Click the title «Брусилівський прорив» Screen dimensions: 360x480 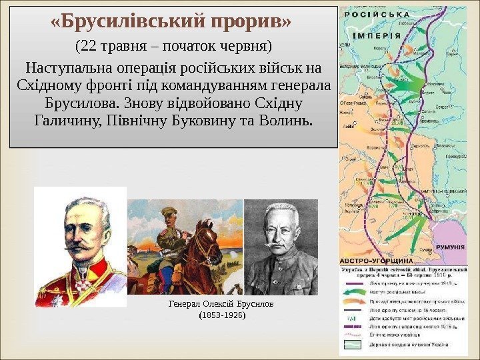click(x=171, y=22)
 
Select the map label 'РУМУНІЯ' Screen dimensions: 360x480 click(x=450, y=247)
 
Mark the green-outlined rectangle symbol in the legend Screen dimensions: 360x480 click(x=353, y=343)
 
